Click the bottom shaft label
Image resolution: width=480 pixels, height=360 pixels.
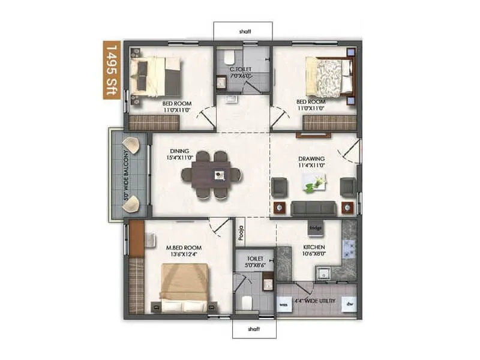pyautogui.click(x=254, y=328)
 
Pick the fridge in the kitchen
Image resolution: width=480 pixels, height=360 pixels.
pyautogui.click(x=316, y=228)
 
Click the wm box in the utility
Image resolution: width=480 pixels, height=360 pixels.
pyautogui.click(x=284, y=304)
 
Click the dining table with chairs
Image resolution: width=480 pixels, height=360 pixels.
pyautogui.click(x=212, y=175)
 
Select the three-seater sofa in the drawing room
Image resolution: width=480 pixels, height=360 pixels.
pyautogui.click(x=314, y=208)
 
